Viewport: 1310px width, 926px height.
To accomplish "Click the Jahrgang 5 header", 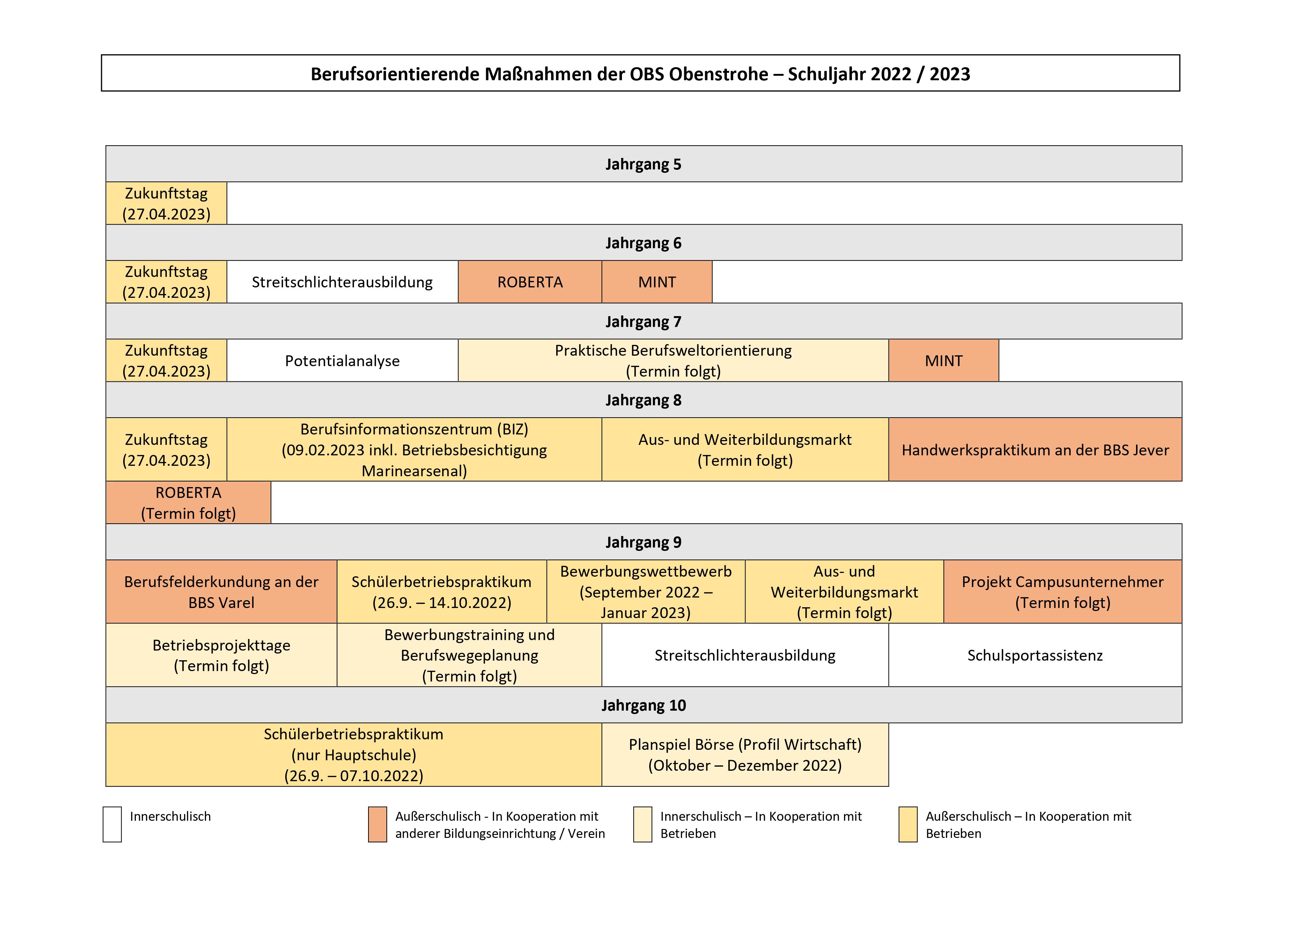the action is pos(644,164).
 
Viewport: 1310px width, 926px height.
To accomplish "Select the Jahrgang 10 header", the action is pos(644,705).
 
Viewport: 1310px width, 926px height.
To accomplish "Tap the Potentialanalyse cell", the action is pos(342,361).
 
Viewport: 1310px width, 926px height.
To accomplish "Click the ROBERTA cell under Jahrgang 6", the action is pos(530,282).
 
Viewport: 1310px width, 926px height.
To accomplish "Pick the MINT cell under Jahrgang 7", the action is pos(944,361).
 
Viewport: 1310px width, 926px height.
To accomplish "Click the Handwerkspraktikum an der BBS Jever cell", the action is pos(1035,450).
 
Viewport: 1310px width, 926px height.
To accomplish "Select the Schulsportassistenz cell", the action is pos(1035,655).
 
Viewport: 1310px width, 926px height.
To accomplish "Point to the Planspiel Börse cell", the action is pos(745,755).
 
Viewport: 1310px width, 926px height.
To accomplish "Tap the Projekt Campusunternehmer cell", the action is pos(1063,592).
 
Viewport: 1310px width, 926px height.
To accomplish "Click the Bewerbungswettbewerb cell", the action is pos(646,592).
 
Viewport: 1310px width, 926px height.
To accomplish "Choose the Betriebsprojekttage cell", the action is pos(221,655).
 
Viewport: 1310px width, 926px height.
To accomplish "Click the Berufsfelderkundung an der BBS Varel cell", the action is pos(221,592).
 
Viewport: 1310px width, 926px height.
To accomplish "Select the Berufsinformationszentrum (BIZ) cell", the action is pos(414,450).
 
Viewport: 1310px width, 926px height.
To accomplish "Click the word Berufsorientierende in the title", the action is pos(395,74).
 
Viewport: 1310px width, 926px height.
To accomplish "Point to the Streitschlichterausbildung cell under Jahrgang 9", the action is pos(745,655).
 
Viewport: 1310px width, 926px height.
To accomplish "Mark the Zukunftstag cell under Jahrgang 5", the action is pos(167,203).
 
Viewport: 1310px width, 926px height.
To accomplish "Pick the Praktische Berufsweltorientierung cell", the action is pos(673,361).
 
